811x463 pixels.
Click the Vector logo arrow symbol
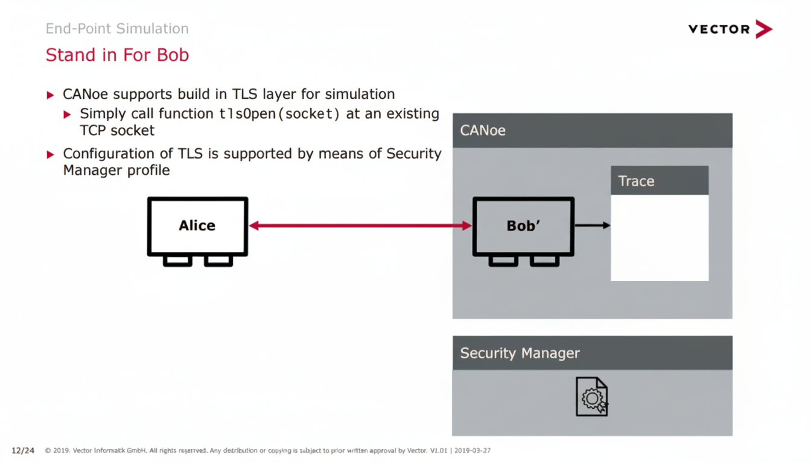(763, 29)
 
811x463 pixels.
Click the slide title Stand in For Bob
(117, 55)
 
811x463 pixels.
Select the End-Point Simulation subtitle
(117, 28)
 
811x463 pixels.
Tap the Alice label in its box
(197, 225)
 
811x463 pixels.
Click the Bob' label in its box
(523, 225)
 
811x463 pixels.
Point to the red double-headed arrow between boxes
(360, 225)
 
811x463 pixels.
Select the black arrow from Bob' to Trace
(592, 225)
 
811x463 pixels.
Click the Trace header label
(636, 181)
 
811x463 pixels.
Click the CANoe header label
(483, 130)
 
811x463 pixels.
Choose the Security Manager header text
(520, 353)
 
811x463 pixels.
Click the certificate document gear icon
(591, 396)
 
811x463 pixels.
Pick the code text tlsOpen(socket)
(279, 113)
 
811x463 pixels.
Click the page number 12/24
(23, 450)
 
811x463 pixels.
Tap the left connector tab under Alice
(177, 260)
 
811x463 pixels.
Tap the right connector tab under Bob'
(544, 260)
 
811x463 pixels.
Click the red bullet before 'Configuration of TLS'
(51, 154)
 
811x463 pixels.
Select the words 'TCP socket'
(117, 130)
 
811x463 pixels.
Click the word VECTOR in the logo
(719, 29)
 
